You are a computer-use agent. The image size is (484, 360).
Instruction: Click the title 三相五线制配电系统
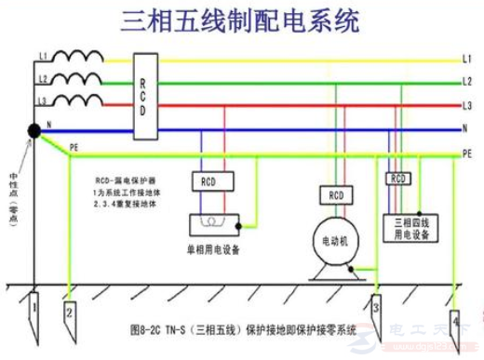coord(240,20)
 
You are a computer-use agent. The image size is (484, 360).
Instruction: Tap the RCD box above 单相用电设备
coord(208,180)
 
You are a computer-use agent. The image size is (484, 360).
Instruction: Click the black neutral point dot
coord(34,131)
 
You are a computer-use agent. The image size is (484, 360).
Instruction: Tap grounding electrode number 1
coord(33,306)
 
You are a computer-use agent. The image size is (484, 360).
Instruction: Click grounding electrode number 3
coord(376,307)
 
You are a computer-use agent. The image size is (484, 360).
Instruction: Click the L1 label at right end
coord(466,60)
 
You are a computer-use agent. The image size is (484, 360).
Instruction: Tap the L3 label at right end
coord(466,105)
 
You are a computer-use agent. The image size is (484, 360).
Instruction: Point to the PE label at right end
coord(467,152)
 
